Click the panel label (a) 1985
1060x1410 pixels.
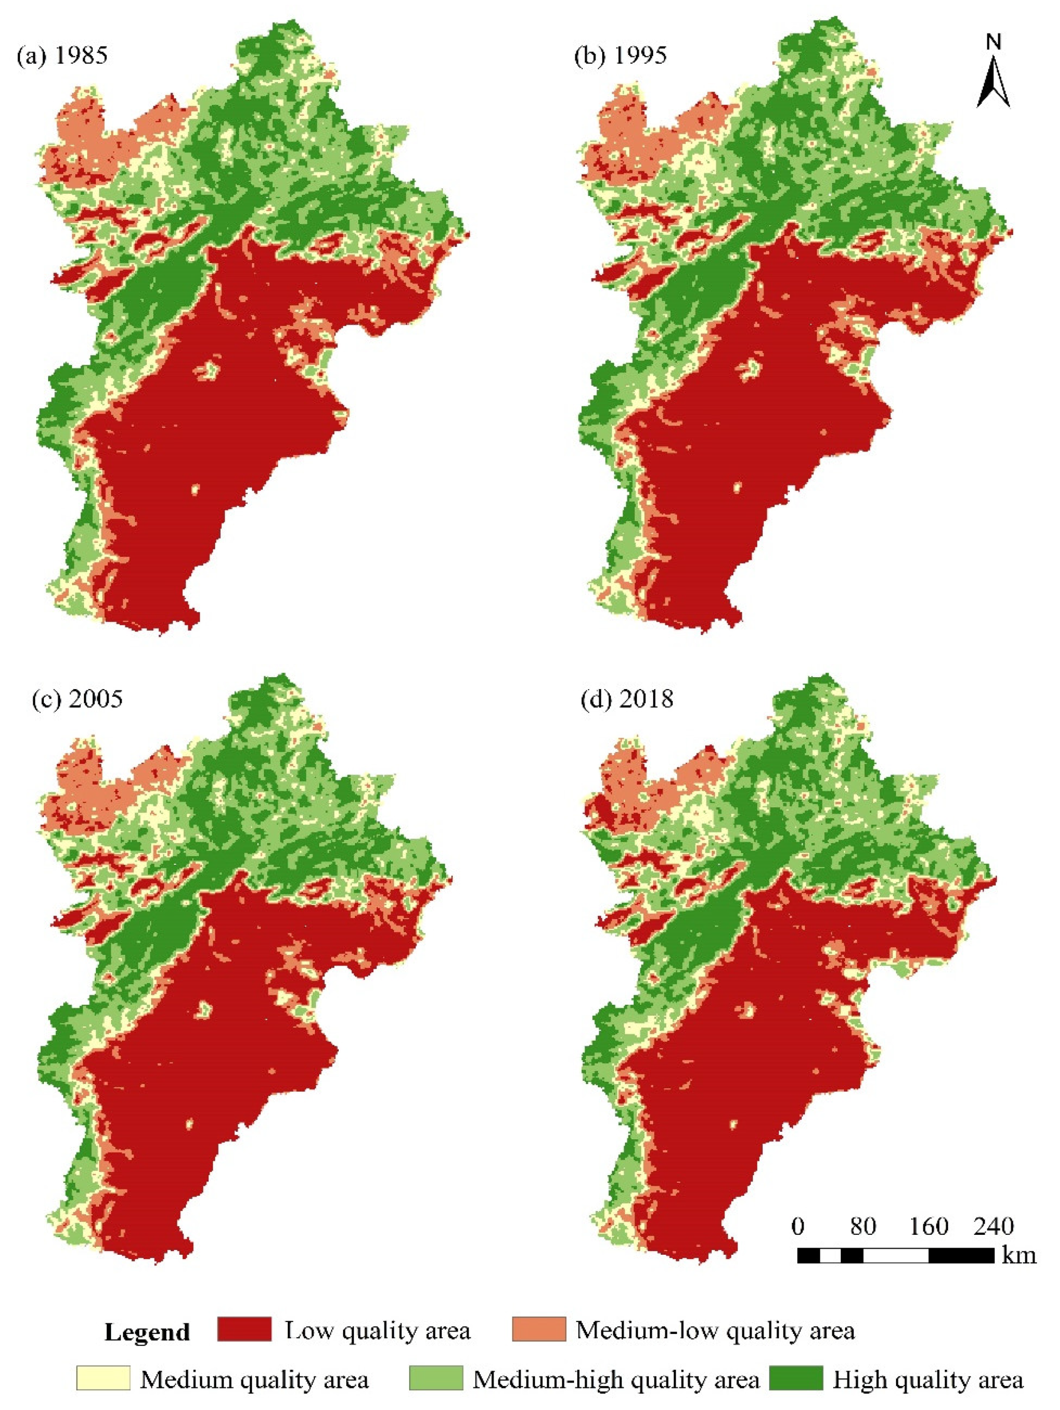(62, 56)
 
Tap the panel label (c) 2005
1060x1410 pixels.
(77, 699)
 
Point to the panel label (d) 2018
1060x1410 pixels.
(627, 699)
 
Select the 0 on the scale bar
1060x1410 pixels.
(797, 1226)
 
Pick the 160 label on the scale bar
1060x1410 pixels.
(928, 1226)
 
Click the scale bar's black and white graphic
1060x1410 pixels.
(895, 1255)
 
